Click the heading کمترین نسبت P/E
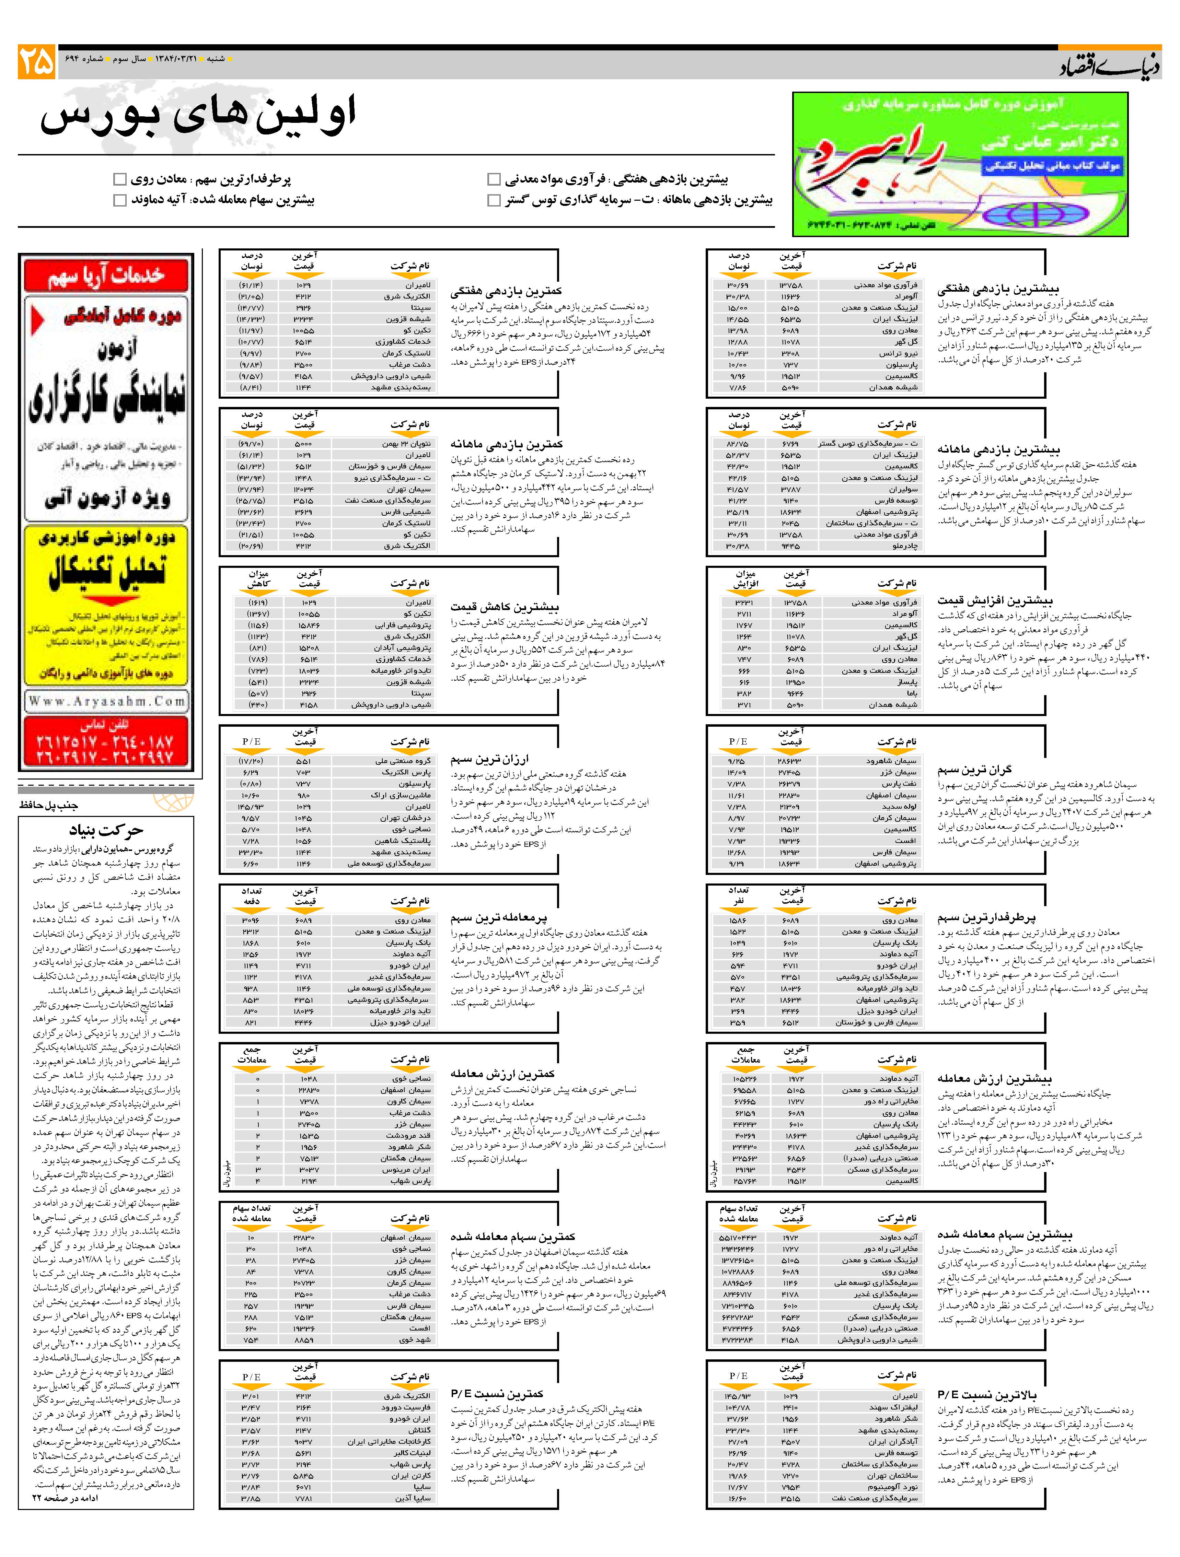click(x=497, y=1394)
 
